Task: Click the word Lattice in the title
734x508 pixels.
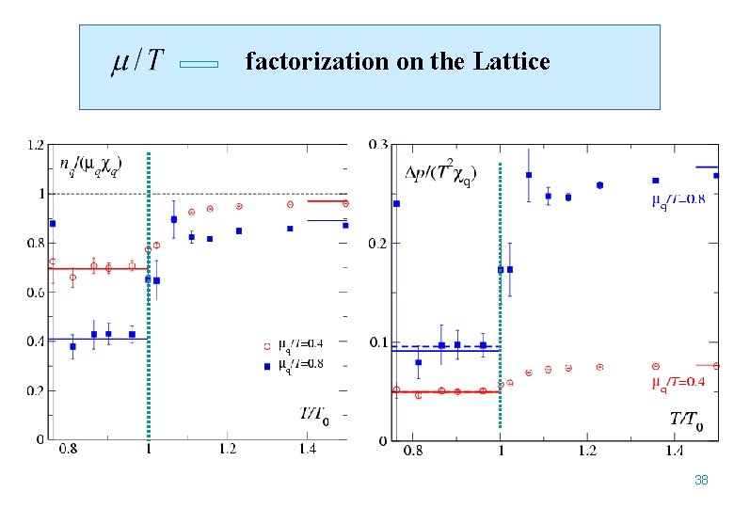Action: coord(512,62)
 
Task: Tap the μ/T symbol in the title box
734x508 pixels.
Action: coord(137,62)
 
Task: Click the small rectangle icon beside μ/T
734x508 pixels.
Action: coord(198,65)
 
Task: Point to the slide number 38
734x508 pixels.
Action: coord(700,480)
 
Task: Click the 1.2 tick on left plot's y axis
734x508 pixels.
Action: coord(34,145)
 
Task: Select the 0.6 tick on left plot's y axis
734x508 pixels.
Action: coord(34,292)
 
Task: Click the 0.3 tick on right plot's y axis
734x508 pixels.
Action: coord(377,145)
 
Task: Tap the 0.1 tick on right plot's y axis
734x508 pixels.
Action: coord(377,341)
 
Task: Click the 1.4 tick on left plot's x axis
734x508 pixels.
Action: coord(308,450)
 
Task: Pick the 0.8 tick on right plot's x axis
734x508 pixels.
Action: coord(413,451)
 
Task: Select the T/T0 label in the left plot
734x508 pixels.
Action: coord(313,417)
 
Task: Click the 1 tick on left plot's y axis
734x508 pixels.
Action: coord(40,194)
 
